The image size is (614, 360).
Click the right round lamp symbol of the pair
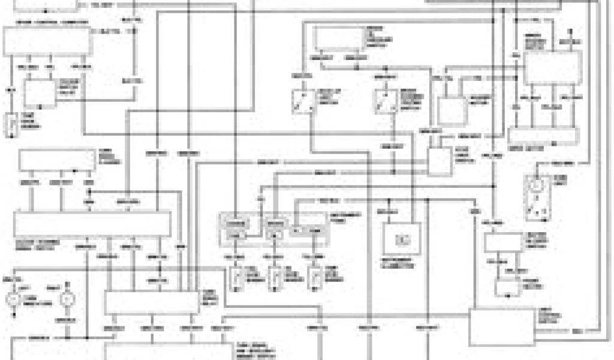68,298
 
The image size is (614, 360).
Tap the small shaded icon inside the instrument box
402,239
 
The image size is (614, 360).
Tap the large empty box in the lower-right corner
500,328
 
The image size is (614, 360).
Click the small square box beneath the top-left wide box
40,93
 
